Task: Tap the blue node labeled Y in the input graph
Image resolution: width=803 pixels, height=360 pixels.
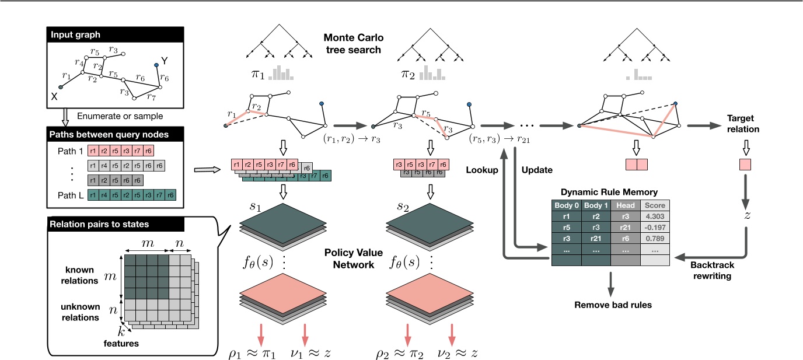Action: point(156,65)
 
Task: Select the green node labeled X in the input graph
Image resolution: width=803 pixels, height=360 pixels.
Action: point(61,87)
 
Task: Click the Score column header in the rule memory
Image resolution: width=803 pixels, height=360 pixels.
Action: point(654,205)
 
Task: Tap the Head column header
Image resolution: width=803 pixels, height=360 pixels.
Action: point(625,205)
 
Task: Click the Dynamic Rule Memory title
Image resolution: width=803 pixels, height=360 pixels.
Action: point(609,191)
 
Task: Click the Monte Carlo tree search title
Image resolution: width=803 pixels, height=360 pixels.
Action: point(352,43)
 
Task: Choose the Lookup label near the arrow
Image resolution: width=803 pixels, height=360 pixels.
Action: point(482,170)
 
